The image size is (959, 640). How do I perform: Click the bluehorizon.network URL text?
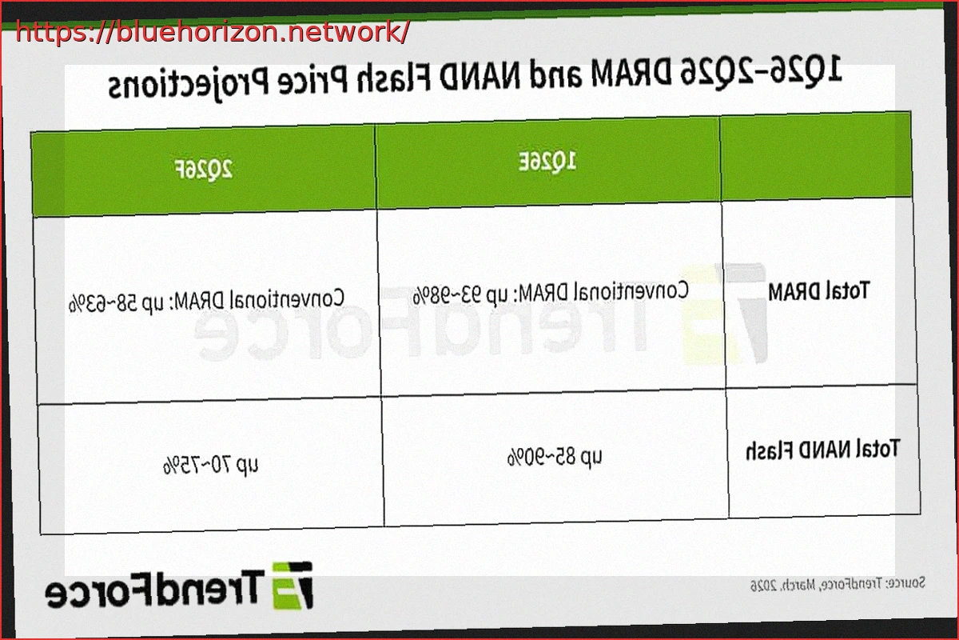pyautogui.click(x=213, y=32)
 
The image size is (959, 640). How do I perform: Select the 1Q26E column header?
pyautogui.click(x=548, y=162)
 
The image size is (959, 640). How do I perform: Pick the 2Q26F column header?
pyautogui.click(x=203, y=169)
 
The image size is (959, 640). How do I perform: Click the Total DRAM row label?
pyautogui.click(x=818, y=290)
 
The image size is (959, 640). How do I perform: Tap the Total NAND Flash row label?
pyautogui.click(x=823, y=448)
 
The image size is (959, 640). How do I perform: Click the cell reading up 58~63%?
pyautogui.click(x=207, y=301)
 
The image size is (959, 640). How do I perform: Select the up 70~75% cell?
pyautogui.click(x=211, y=464)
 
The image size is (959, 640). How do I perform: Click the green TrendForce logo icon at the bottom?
pyautogui.click(x=292, y=583)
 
